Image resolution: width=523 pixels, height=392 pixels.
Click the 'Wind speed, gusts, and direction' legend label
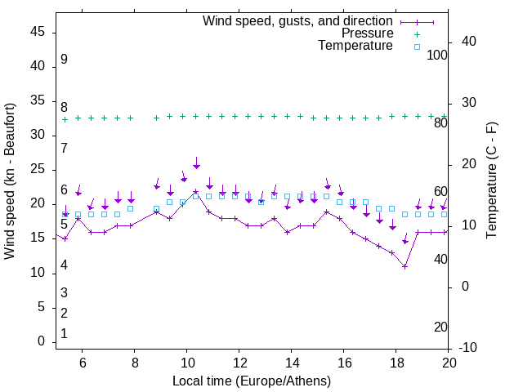(x=298, y=20)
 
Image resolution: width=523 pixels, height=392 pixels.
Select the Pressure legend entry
(x=367, y=33)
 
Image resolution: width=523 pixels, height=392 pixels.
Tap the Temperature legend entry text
(x=355, y=46)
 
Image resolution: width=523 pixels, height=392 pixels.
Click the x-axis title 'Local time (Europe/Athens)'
(x=252, y=381)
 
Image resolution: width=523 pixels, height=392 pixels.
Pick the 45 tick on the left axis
(x=38, y=32)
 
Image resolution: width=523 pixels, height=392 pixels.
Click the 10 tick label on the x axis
(x=186, y=363)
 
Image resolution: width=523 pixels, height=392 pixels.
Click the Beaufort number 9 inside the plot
(x=64, y=60)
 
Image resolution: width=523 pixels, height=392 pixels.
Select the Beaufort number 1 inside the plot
(x=64, y=334)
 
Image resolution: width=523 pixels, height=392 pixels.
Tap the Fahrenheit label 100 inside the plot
(x=437, y=55)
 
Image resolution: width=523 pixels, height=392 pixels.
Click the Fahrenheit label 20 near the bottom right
(x=440, y=327)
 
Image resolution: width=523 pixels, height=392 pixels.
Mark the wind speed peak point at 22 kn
(x=196, y=192)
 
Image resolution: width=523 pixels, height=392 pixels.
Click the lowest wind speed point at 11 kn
(x=405, y=266)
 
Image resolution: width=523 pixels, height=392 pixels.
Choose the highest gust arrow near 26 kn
(x=196, y=164)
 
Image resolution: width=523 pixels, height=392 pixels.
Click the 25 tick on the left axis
(x=38, y=169)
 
